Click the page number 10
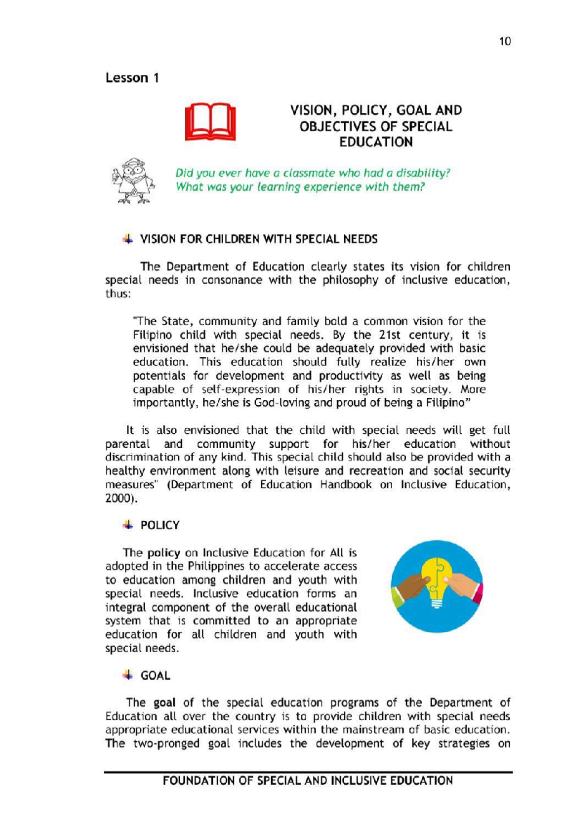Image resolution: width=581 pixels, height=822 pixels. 505,42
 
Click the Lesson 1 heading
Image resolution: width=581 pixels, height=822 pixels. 132,78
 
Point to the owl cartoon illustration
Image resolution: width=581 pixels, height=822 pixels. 133,181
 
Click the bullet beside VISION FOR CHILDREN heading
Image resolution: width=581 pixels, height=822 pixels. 128,239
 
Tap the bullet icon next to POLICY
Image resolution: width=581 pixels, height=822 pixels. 128,525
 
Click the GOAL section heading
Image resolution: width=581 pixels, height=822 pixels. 155,676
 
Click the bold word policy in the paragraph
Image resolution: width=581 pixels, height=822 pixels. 164,553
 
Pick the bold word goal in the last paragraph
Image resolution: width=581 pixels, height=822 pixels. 164,702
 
